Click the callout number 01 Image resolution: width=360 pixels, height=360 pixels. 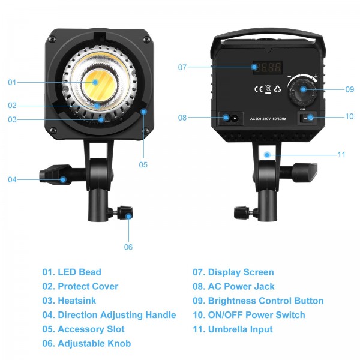tap(13, 82)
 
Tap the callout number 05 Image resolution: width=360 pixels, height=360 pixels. tap(143, 164)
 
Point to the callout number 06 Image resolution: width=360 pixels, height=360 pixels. tap(128, 247)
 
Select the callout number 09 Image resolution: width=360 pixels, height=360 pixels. tap(350, 89)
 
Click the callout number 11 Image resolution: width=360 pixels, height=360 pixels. tap(341, 155)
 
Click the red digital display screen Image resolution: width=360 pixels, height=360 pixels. tap(267, 67)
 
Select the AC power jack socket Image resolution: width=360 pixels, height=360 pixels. tap(230, 118)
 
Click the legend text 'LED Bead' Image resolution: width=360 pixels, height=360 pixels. tap(79, 272)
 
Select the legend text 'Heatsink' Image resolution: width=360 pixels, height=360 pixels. tap(77, 301)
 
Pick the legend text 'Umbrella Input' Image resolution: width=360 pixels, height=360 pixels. tap(240, 329)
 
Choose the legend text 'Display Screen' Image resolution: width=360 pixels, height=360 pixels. tap(241, 272)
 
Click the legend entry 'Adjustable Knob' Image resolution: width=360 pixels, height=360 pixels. tap(94, 344)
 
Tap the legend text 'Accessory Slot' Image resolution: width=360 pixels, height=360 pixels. tap(91, 329)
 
